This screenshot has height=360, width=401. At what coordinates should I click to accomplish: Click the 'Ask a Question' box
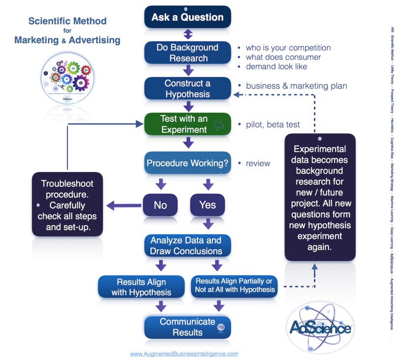pos(188,18)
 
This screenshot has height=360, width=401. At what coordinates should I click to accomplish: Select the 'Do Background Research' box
pos(188,53)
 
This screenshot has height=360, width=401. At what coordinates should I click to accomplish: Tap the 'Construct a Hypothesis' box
pos(188,89)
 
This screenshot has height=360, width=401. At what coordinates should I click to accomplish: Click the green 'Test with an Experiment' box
pos(188,124)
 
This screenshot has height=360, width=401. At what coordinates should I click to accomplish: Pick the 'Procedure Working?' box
pos(188,163)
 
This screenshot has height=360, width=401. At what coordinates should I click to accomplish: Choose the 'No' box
pos(161,205)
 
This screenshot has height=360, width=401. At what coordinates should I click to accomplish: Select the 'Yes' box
pos(207,205)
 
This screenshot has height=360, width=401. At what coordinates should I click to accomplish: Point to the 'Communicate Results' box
pos(188,327)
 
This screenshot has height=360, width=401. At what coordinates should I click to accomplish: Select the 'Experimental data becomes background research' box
pos(319,197)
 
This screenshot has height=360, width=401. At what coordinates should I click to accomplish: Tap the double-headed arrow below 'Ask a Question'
pos(188,34)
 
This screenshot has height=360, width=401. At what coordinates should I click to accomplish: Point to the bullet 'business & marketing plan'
pos(296,86)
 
